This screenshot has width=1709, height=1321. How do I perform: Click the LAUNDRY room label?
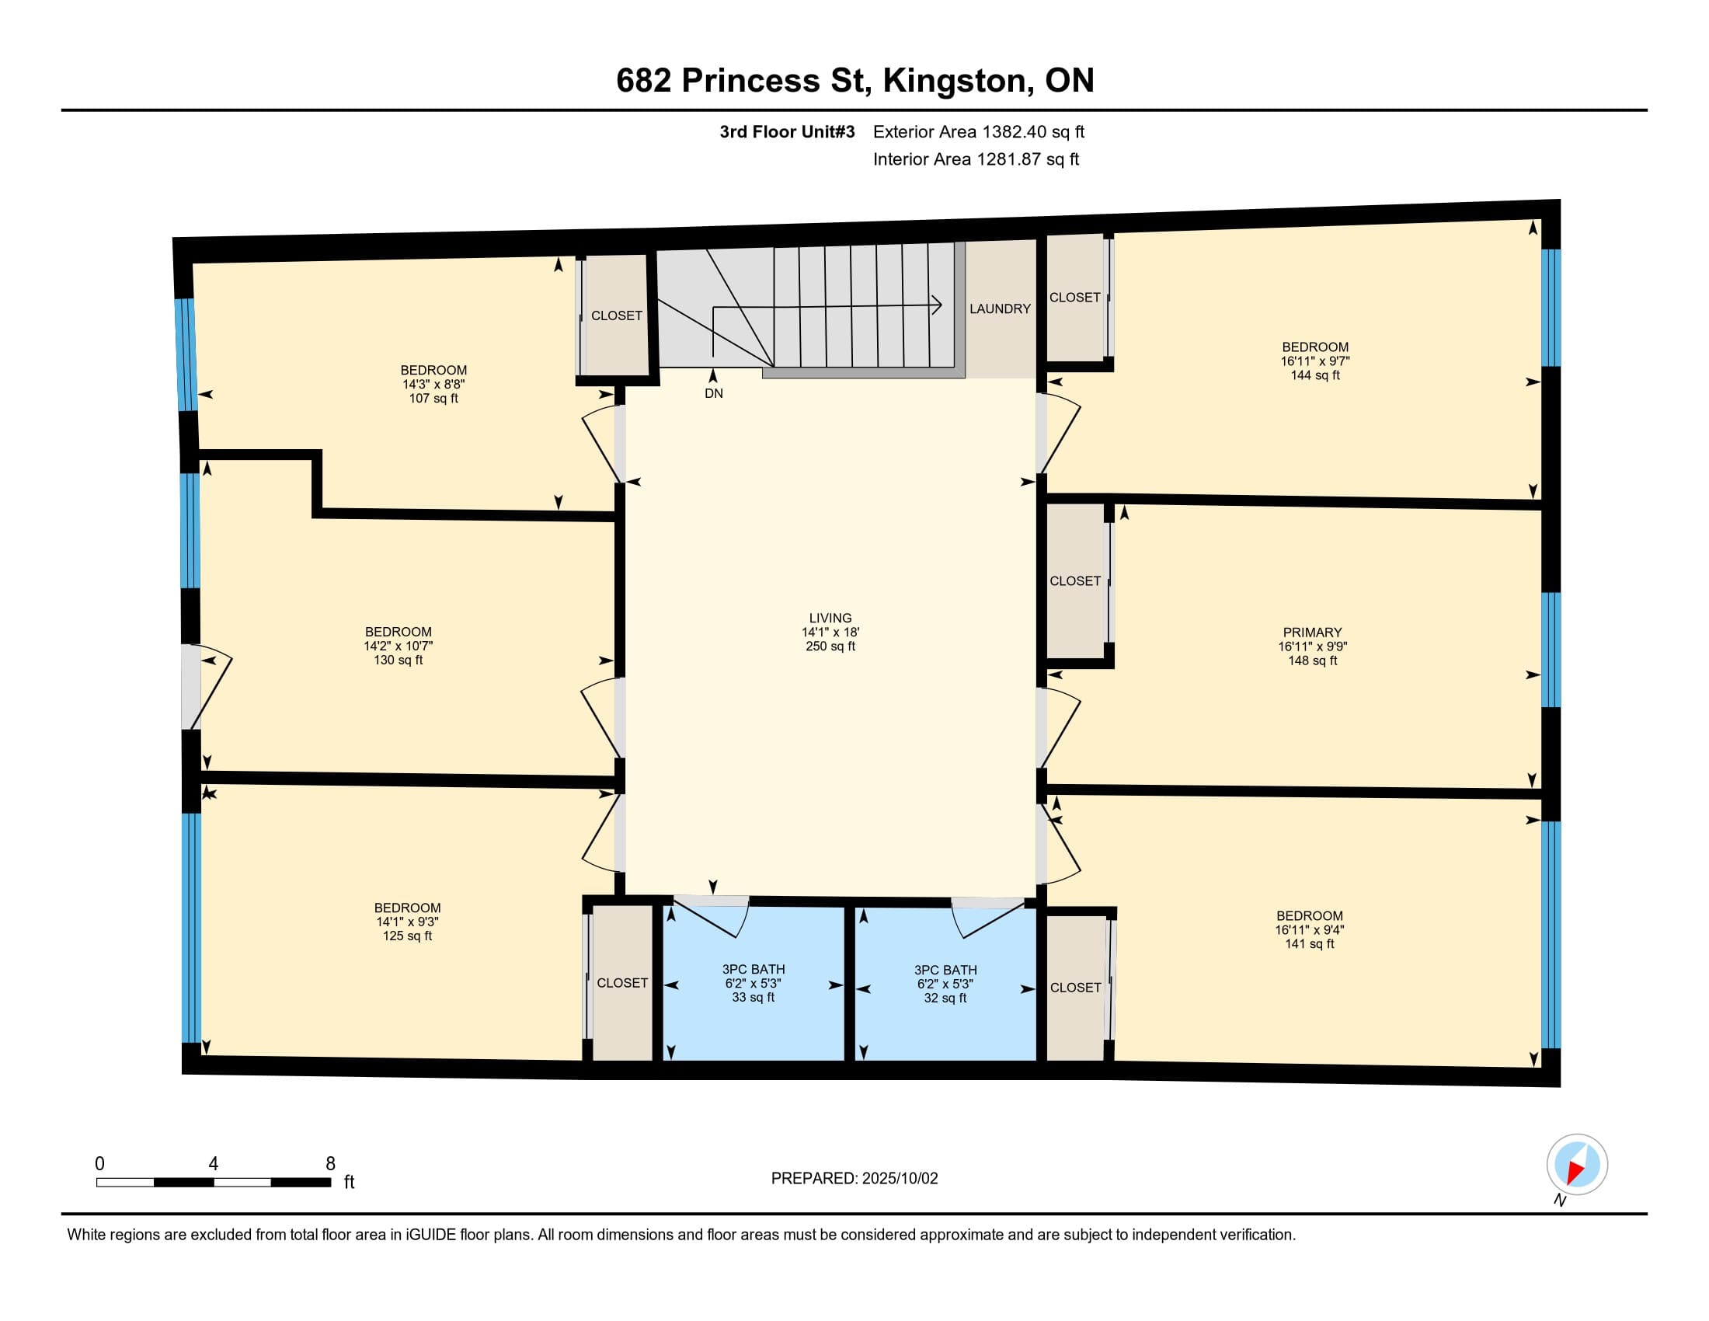tap(1000, 309)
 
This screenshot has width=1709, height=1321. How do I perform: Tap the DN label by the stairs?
tap(714, 394)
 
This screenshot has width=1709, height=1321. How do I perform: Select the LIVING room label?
tap(830, 619)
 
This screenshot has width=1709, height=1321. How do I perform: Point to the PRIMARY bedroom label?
tap(1312, 633)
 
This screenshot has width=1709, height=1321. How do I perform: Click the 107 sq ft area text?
tap(433, 399)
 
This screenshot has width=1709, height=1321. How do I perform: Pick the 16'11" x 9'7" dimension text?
tap(1314, 361)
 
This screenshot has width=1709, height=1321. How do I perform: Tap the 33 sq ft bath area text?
tap(753, 997)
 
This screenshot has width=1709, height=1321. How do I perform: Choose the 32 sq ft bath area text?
tap(945, 998)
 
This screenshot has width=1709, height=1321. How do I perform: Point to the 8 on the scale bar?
tap(330, 1164)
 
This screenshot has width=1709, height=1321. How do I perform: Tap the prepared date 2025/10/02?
tap(899, 1179)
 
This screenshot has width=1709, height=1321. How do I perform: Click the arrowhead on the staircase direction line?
tap(937, 305)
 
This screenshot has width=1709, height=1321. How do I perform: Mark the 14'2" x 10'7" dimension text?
tap(399, 647)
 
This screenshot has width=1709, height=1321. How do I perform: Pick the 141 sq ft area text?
tap(1310, 944)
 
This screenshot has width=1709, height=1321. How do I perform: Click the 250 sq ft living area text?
tap(830, 647)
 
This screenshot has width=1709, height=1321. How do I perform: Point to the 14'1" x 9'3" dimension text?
tap(407, 922)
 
